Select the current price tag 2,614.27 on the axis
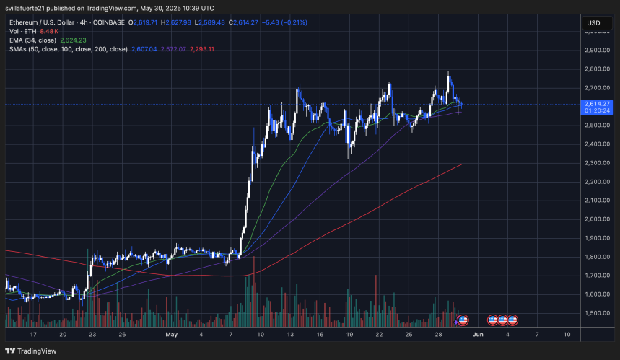click(x=596, y=103)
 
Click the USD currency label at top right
click(x=593, y=23)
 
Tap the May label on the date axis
click(x=170, y=335)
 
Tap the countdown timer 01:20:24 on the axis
click(x=596, y=111)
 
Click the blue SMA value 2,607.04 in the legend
click(x=145, y=49)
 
